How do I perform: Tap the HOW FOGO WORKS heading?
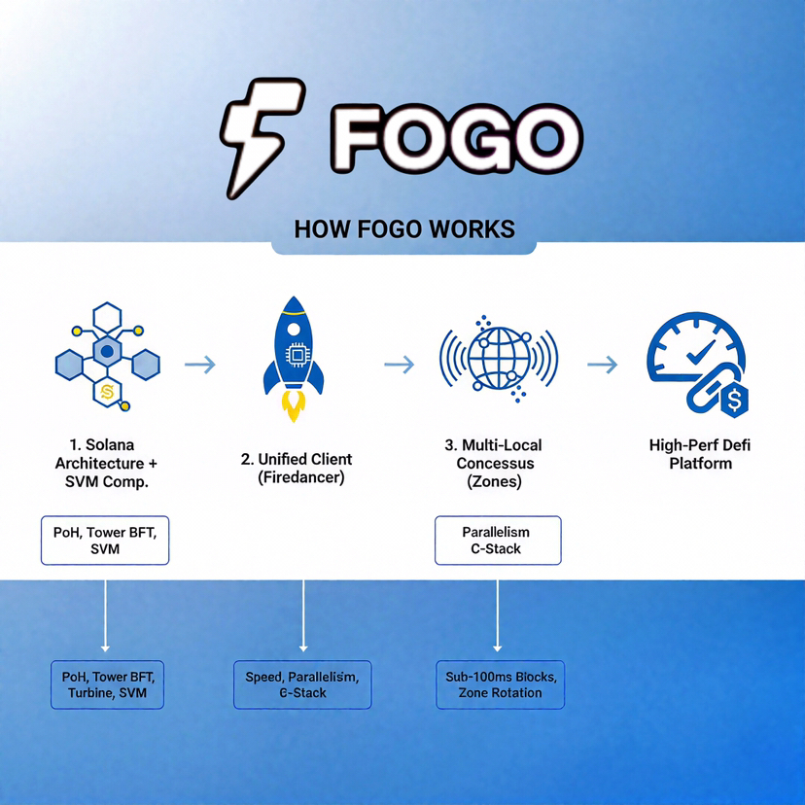coord(403,229)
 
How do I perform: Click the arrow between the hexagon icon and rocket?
coord(199,365)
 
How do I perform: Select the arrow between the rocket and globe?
coord(399,365)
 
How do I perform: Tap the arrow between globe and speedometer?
coord(602,365)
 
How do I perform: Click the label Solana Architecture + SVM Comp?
coord(105,464)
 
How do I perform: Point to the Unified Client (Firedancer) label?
coord(297,469)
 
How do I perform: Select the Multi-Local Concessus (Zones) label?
coord(497,464)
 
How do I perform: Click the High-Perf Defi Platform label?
coord(700,454)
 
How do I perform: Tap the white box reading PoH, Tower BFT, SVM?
coord(105,541)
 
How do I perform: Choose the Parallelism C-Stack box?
coord(498,541)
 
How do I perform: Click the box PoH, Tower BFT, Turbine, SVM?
coord(108,684)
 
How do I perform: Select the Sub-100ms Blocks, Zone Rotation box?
coord(500,684)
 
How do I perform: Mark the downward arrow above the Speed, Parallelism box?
coord(304,617)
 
